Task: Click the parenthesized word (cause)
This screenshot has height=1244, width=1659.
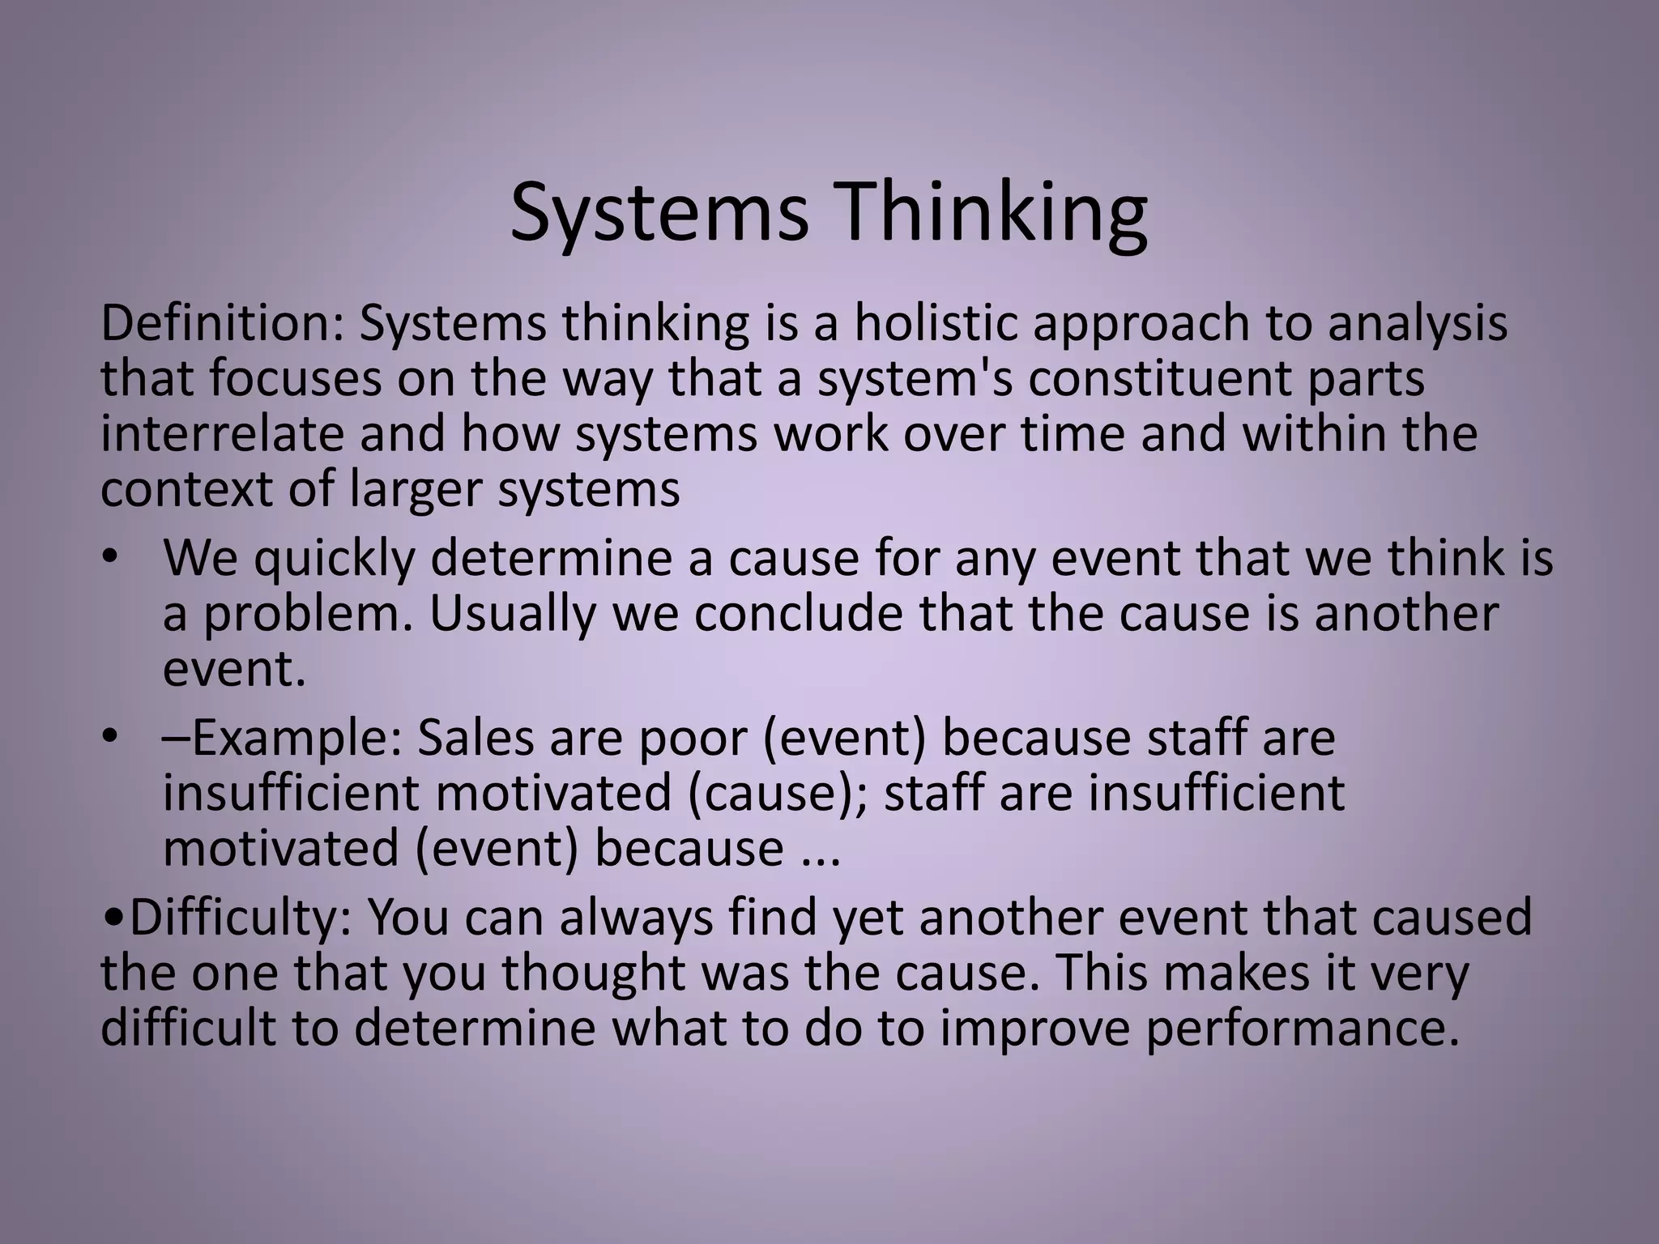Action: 777,794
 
